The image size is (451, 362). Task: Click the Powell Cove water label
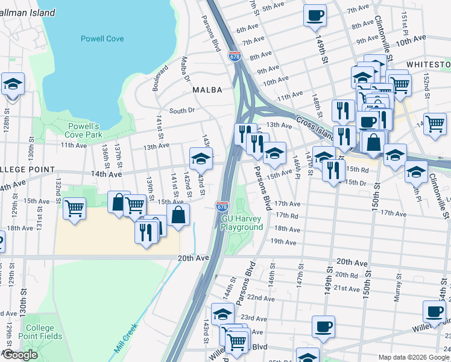pyautogui.click(x=102, y=39)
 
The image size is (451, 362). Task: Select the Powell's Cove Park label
pyautogui.click(x=83, y=130)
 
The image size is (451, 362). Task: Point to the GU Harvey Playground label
pyautogui.click(x=242, y=223)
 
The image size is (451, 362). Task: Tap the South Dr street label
pyautogui.click(x=181, y=110)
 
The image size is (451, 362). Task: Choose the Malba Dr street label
pyautogui.click(x=185, y=69)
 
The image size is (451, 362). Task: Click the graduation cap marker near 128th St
pyautogui.click(x=13, y=85)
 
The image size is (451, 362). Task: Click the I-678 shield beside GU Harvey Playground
pyautogui.click(x=222, y=206)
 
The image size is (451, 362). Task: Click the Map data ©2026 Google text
pyautogui.click(x=414, y=357)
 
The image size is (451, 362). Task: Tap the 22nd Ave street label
pyautogui.click(x=260, y=298)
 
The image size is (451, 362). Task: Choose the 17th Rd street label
pyautogui.click(x=287, y=215)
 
